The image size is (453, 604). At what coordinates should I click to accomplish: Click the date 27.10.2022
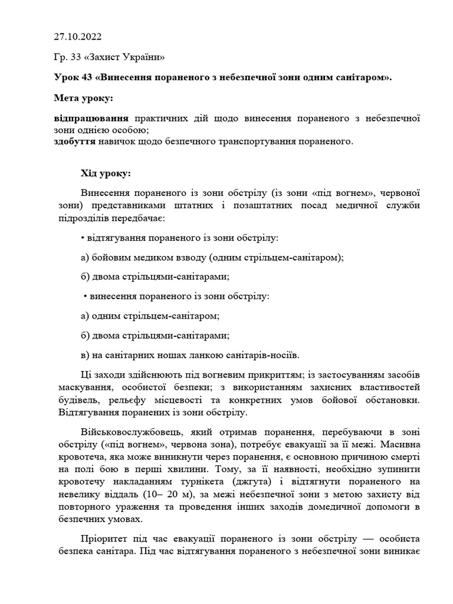(x=77, y=37)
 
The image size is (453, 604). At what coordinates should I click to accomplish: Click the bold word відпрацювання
(x=91, y=118)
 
